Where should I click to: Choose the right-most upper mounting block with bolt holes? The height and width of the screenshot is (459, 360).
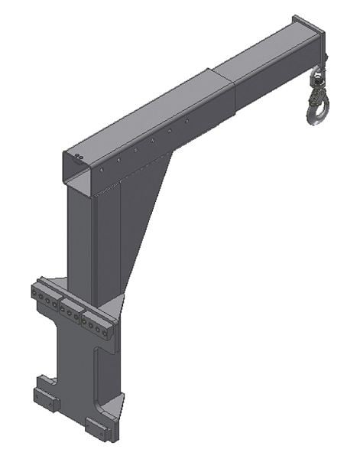tap(99, 324)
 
